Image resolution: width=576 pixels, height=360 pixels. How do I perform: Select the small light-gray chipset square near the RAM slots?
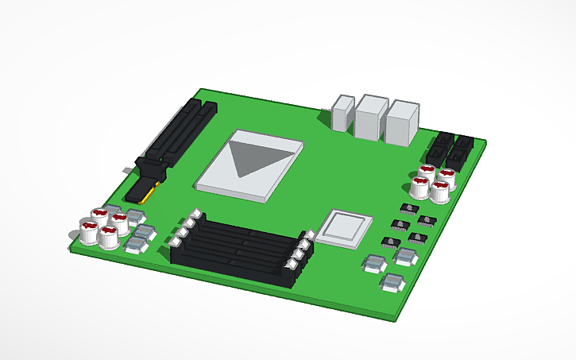[344, 227]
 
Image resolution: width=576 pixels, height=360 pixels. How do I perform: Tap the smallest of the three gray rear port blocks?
[343, 114]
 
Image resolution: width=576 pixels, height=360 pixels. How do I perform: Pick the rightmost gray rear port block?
[402, 124]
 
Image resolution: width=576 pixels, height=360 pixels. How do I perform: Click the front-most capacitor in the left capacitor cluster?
[107, 237]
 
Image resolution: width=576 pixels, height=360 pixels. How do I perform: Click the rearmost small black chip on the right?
[408, 208]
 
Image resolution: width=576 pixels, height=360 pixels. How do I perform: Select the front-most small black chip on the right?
[390, 241]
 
